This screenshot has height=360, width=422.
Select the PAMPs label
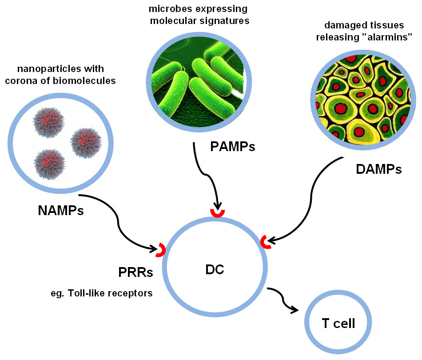(233, 146)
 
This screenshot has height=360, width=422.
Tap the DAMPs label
(379, 169)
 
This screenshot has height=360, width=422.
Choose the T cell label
(338, 323)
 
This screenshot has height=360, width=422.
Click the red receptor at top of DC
(217, 214)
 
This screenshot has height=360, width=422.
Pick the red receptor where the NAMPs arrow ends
(160, 250)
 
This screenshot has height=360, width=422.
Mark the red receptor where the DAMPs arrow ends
(266, 241)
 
